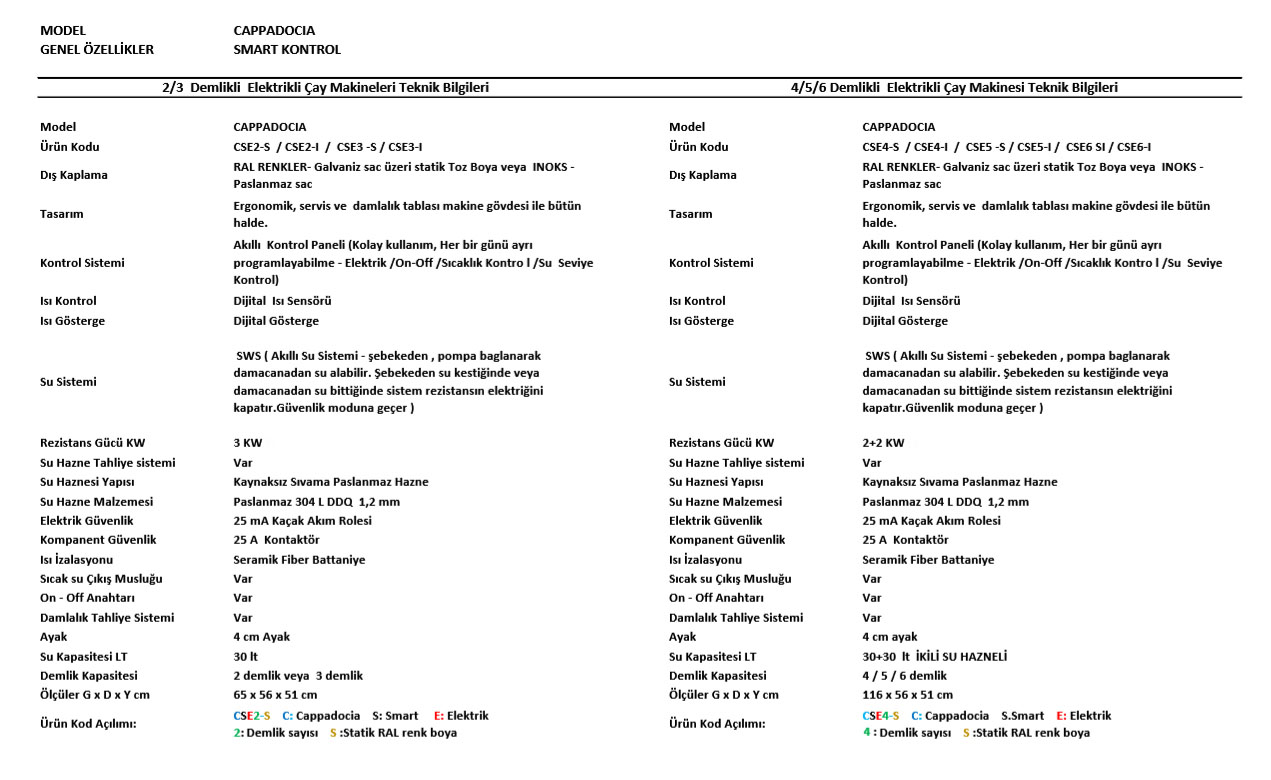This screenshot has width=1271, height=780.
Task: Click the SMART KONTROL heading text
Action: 287,49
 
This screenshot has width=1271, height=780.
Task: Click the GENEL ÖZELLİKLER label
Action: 97,49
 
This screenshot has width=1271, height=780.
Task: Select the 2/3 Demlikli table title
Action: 325,87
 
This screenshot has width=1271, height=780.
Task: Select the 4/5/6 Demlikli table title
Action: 954,87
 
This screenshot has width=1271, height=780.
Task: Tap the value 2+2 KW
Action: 883,443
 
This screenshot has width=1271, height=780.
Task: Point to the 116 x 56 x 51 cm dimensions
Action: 907,695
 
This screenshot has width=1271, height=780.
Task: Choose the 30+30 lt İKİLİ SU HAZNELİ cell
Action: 934,657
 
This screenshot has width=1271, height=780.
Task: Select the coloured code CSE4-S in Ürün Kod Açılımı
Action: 880,716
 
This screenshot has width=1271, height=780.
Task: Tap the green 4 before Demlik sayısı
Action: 867,732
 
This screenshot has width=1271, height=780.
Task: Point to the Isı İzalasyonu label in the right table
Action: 705,560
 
